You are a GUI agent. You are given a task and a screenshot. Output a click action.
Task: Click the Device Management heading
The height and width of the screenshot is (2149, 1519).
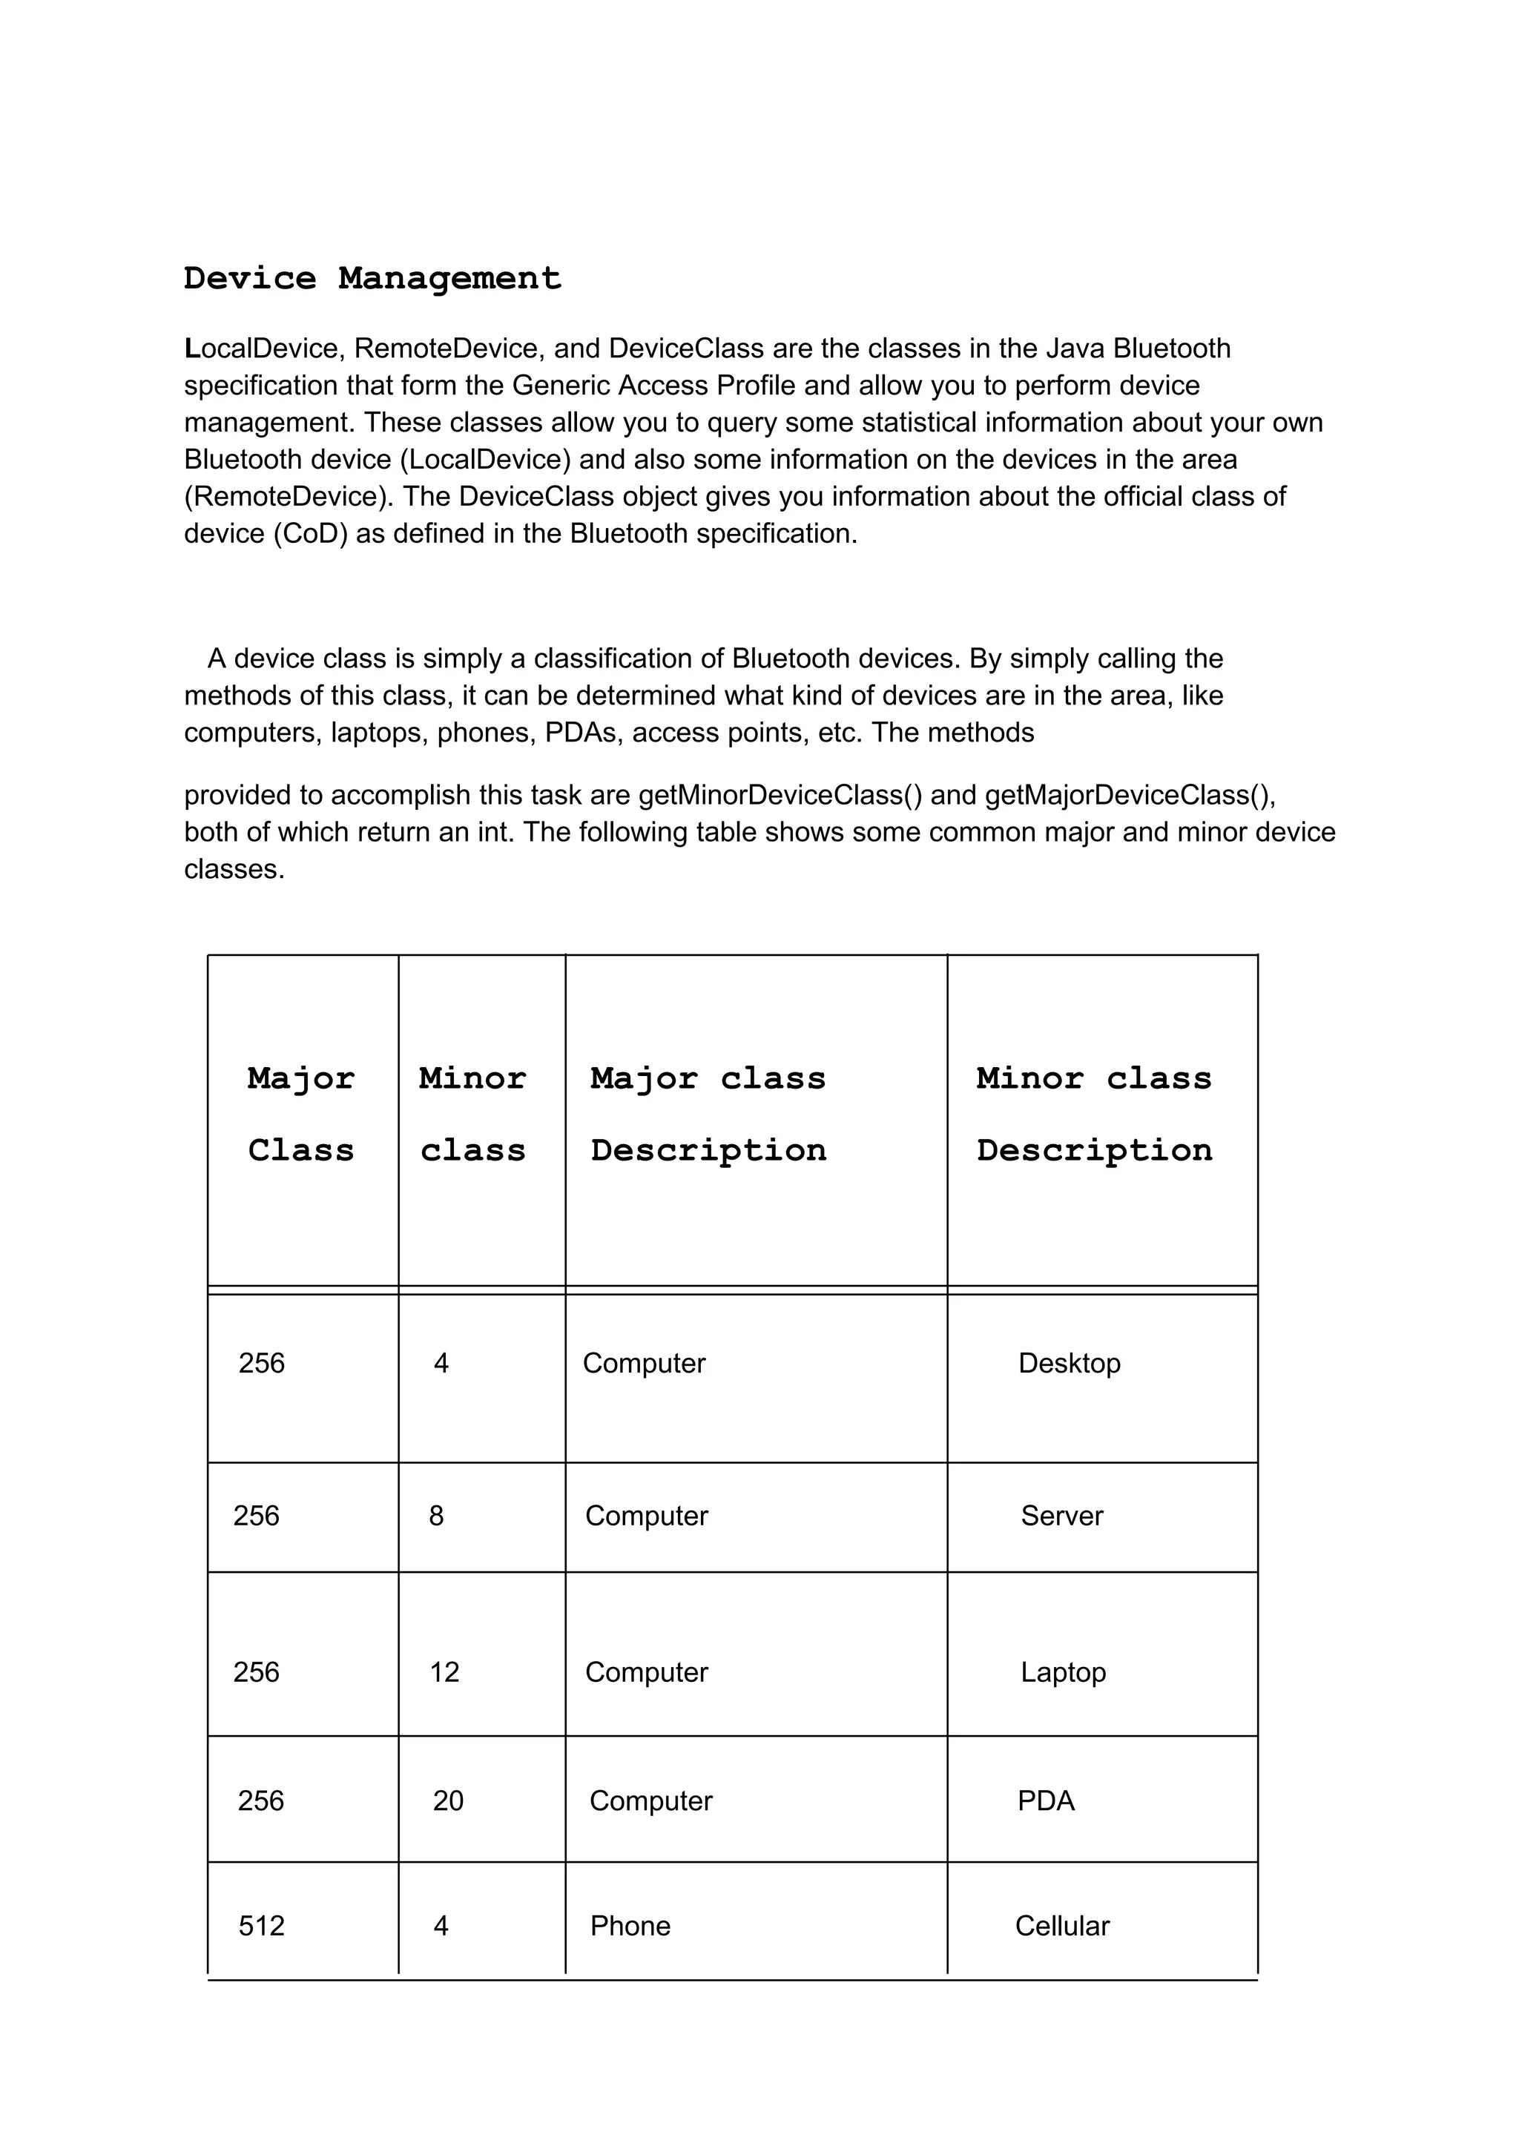[372, 278]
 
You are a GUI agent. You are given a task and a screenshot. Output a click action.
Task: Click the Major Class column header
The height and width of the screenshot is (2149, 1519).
[300, 1114]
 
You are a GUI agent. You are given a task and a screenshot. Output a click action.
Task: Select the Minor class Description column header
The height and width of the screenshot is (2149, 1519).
[1093, 1114]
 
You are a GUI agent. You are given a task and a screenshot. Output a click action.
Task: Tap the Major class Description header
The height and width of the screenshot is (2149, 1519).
[708, 1114]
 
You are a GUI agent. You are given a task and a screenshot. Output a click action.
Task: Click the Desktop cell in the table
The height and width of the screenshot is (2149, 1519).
[1069, 1363]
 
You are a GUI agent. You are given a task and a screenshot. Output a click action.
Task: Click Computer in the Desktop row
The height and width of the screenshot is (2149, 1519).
[644, 1363]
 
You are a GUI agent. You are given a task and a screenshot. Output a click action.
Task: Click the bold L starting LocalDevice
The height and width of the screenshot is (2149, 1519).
[192, 349]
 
